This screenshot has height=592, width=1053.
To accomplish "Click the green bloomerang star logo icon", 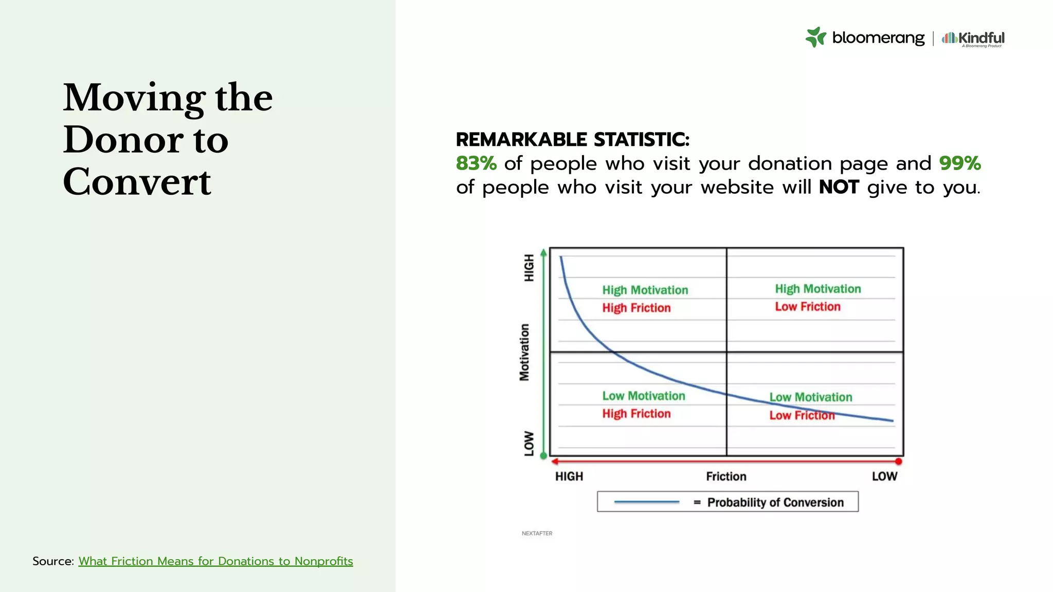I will click(815, 38).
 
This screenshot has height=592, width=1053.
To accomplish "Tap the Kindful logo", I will click(973, 38).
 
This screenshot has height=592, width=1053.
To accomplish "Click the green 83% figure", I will click(476, 163).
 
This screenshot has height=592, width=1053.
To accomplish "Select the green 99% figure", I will click(960, 163).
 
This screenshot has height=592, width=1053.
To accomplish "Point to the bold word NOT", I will click(839, 187).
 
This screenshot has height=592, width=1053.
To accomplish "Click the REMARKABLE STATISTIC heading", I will click(572, 139).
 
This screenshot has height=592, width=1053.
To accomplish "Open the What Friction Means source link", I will click(215, 561).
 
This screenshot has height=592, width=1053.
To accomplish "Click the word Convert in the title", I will click(137, 182).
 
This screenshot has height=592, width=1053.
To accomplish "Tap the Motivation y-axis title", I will click(524, 353).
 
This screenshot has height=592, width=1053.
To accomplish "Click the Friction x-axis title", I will click(726, 476).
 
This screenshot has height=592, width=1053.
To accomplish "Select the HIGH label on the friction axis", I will click(569, 476).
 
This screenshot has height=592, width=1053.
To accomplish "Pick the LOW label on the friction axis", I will click(884, 476).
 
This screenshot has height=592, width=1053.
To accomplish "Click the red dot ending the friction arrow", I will click(898, 461).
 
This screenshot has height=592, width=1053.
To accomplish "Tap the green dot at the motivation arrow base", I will click(544, 456).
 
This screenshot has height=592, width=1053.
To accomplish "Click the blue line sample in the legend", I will click(646, 502).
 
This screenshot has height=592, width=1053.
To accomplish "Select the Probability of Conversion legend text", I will click(775, 502).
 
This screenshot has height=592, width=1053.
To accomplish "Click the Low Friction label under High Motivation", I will click(808, 307).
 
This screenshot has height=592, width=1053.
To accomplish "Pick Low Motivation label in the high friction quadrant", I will click(644, 396).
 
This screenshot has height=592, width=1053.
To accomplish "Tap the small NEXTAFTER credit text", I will click(537, 533).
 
